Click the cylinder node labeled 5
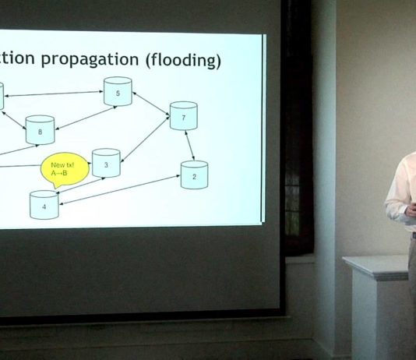tap(118, 91)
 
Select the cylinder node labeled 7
tap(183, 115)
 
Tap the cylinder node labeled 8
tap(40, 129)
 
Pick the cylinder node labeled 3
tap(106, 163)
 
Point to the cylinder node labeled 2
tap(194, 175)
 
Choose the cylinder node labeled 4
tap(44, 205)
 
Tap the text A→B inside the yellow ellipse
tap(59, 173)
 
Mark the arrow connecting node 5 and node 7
tap(151, 105)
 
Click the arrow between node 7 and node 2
tap(189, 145)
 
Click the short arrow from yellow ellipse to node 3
tap(86, 165)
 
